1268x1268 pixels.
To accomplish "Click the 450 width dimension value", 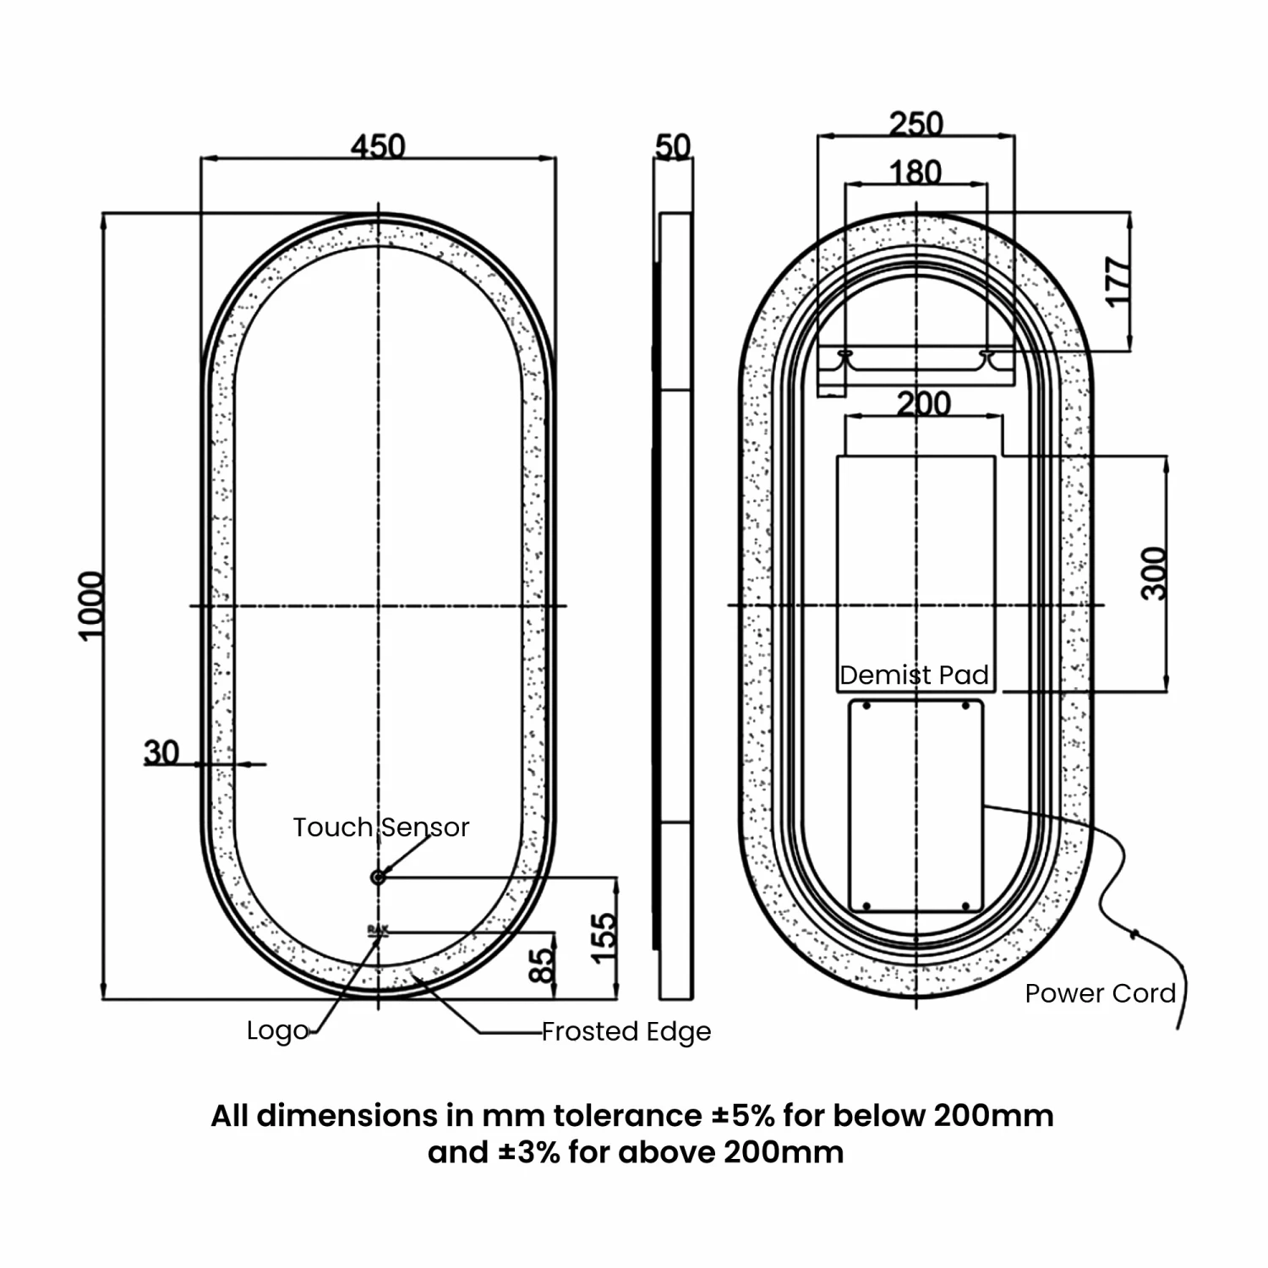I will pos(378,146).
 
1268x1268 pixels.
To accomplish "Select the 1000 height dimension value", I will pos(91,605).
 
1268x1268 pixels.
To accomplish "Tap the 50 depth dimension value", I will pos(673,147).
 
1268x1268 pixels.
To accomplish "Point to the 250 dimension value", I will pos(915,123).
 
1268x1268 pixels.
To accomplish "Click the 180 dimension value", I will pos(915,172).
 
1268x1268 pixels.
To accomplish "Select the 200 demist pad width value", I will pos(923,403).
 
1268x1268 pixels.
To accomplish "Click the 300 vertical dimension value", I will pos(1154,573).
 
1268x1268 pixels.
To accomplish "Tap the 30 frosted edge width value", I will pos(161,752).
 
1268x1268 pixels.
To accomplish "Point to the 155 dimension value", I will pos(604,937).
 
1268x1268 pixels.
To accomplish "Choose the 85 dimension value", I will pos(543,965).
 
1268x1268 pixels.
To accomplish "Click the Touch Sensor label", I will pos(380,827).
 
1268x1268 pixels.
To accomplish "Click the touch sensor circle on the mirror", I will pos(378,877).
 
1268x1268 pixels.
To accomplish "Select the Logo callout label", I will pos(277,1030).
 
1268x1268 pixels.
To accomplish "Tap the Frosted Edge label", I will pos(626,1031).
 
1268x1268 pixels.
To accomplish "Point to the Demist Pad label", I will pos(914,675).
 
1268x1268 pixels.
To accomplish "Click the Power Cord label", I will pos(1100,993).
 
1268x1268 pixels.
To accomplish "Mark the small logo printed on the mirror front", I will pos(378,930).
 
